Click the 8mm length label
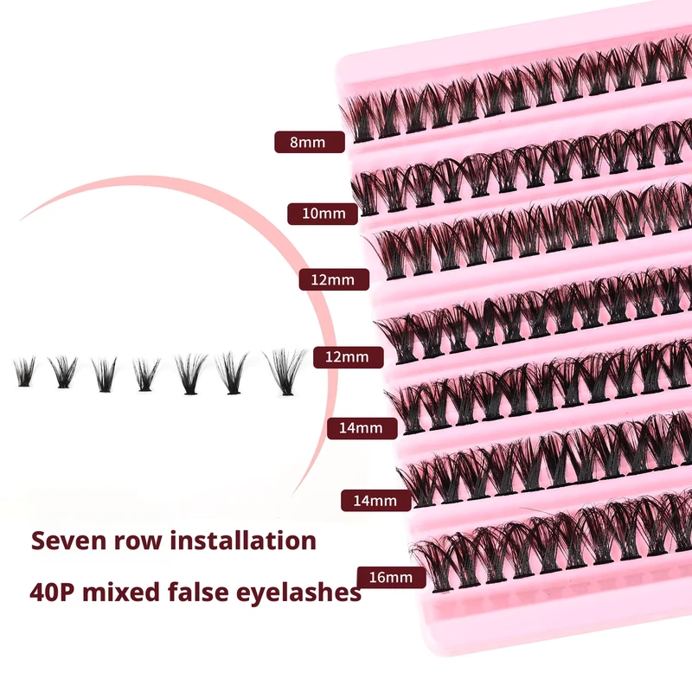[x=310, y=142]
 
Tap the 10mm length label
[x=323, y=214]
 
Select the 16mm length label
[x=392, y=577]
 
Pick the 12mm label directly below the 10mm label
[x=334, y=279]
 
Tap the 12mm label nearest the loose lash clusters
[x=349, y=357]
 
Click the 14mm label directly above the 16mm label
[x=376, y=501]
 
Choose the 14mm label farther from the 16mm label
[x=362, y=428]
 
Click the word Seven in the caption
[x=69, y=541]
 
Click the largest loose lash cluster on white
[x=285, y=372]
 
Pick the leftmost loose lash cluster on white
[x=24, y=372]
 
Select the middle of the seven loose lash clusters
[x=146, y=375]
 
